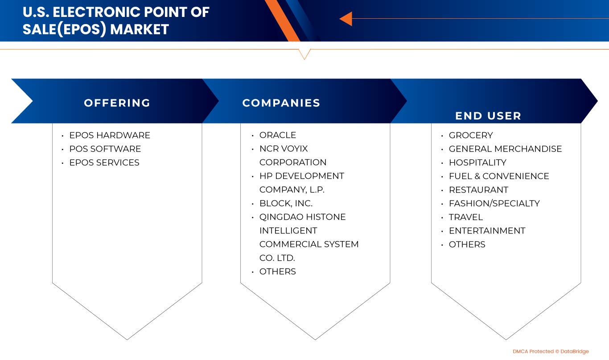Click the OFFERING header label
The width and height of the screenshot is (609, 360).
(117, 103)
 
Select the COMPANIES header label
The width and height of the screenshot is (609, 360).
(281, 103)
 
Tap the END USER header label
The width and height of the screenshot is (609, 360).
(488, 116)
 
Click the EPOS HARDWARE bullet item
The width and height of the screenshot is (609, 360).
(110, 135)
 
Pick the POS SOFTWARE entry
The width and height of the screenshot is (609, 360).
(105, 149)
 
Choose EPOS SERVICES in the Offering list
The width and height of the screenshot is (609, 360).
(104, 163)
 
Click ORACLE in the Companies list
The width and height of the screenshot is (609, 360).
(278, 135)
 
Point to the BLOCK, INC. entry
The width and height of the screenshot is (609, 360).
(286, 203)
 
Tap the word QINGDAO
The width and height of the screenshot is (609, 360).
(281, 217)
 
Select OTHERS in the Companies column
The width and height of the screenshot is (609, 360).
(277, 271)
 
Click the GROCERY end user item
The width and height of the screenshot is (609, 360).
(471, 135)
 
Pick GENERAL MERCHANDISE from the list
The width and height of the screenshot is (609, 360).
(505, 149)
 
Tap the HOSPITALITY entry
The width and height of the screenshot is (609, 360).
(477, 163)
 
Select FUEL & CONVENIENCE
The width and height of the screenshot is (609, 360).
(499, 176)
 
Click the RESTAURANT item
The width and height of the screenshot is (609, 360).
(478, 190)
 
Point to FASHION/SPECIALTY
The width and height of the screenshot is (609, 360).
(494, 203)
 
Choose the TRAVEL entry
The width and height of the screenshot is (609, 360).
(466, 217)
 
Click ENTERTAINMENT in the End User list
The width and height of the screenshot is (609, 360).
(487, 231)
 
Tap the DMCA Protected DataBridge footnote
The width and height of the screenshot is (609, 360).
(551, 351)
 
